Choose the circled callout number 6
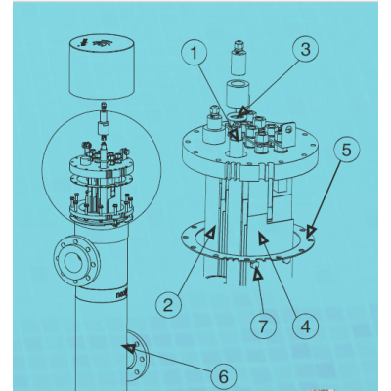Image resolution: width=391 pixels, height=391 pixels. tap(222, 374)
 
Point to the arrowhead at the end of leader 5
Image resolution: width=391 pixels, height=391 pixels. tap(311, 232)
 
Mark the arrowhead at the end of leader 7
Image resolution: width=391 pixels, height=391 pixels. tap(256, 276)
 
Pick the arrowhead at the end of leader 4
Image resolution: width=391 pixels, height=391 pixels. tap(262, 238)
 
